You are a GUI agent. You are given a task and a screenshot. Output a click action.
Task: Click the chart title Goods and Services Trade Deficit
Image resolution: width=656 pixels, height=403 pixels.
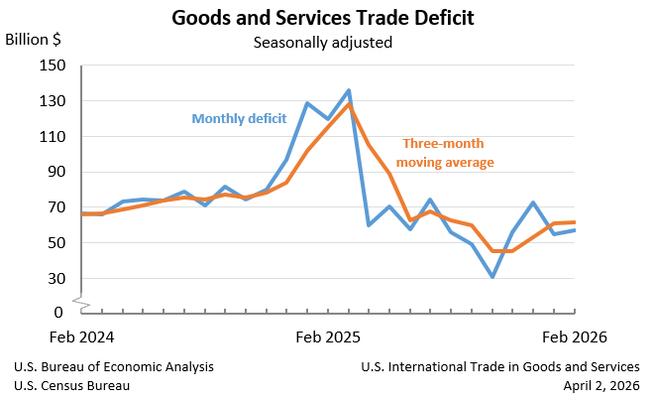pos(322,18)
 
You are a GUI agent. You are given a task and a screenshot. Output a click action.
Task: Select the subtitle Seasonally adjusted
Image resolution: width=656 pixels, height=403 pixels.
pos(322,43)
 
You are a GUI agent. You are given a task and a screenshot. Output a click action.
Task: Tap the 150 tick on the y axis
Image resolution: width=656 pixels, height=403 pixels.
pos(52,66)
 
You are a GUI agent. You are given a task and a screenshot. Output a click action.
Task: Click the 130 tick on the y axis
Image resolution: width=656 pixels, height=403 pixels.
pos(52,101)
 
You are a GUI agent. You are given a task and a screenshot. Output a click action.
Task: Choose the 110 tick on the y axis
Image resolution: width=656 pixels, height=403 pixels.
pos(52,136)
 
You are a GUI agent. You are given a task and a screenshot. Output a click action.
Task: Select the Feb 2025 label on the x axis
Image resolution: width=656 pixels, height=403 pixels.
pos(327,337)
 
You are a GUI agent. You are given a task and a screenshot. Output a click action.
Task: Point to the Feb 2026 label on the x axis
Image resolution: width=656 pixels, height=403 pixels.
pos(574,337)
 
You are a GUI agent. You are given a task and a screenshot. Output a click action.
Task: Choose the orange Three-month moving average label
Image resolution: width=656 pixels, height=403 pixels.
pos(445,152)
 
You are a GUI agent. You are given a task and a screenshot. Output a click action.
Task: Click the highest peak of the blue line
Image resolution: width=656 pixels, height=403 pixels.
pos(349,90)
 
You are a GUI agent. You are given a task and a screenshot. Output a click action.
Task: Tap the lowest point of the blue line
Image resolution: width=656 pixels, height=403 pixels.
pos(492,277)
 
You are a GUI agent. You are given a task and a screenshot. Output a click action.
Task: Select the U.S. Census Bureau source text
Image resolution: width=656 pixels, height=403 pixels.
pos(71,385)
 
